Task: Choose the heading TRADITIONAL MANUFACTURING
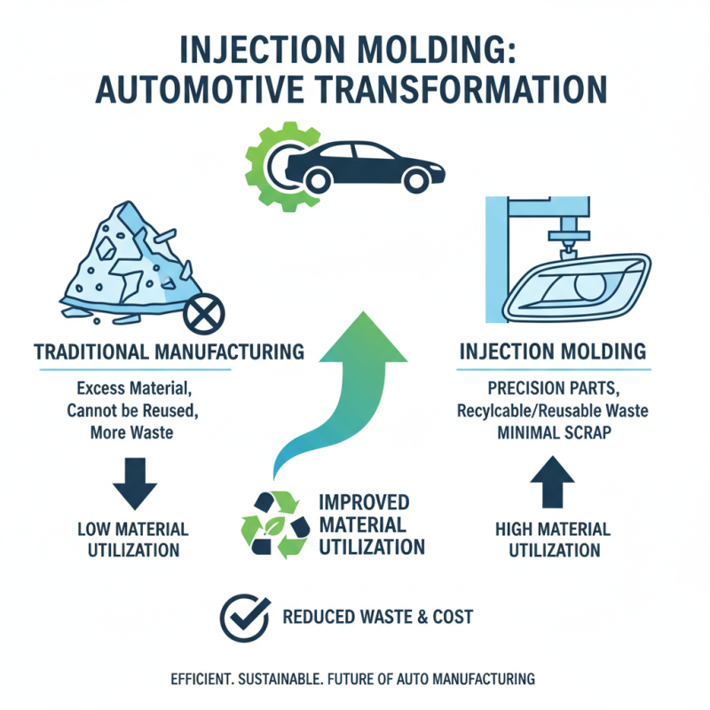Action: [x=169, y=351]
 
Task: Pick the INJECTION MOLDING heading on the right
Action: [x=553, y=351]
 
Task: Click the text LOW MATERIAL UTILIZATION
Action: [x=133, y=540]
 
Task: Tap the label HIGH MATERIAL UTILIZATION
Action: [x=552, y=540]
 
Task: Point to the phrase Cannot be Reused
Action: [x=134, y=411]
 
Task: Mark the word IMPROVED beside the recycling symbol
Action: [x=355, y=500]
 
